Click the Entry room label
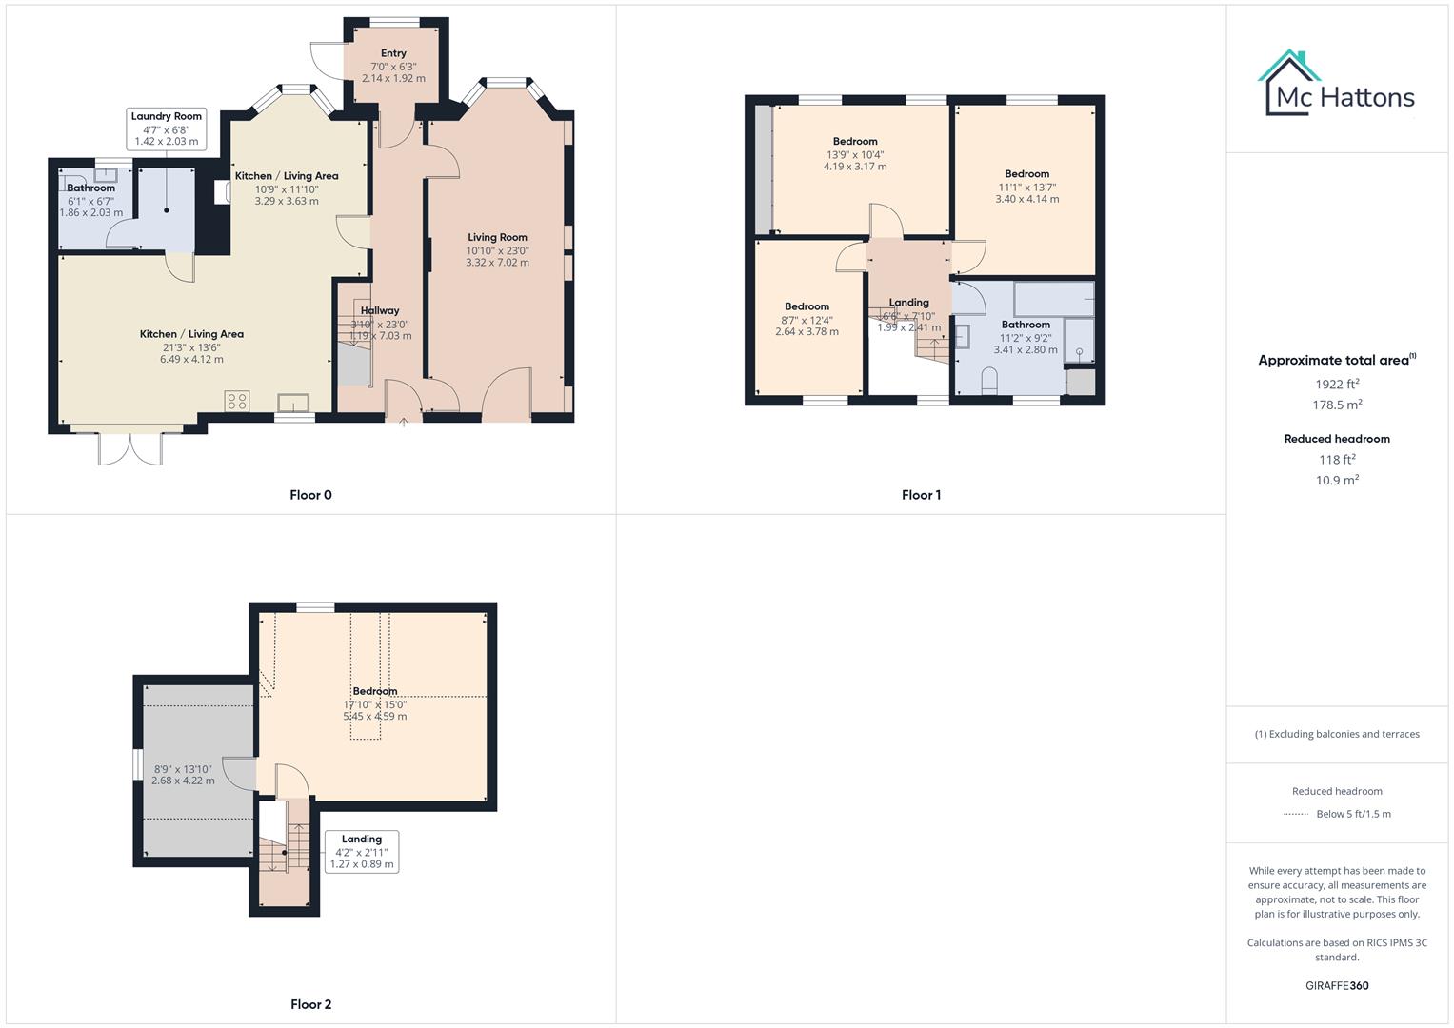pyautogui.click(x=393, y=53)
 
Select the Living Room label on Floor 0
pyautogui.click(x=497, y=237)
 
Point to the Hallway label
pyautogui.click(x=380, y=310)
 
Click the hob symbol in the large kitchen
pyautogui.click(x=237, y=402)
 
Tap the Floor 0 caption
pyautogui.click(x=310, y=495)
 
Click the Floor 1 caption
pyautogui.click(x=921, y=495)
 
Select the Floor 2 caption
pyautogui.click(x=310, y=1004)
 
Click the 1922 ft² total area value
pyautogui.click(x=1337, y=385)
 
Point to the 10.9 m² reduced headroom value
pyautogui.click(x=1337, y=481)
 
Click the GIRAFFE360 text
pyautogui.click(x=1337, y=985)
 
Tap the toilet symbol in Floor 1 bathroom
pyautogui.click(x=988, y=381)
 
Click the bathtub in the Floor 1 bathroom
pyautogui.click(x=1053, y=299)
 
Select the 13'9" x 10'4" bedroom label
pyautogui.click(x=855, y=154)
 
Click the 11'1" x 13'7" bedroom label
pyautogui.click(x=1026, y=187)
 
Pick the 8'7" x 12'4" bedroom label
pyautogui.click(x=807, y=320)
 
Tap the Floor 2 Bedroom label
pyautogui.click(x=375, y=691)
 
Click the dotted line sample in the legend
pyautogui.click(x=1296, y=815)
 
